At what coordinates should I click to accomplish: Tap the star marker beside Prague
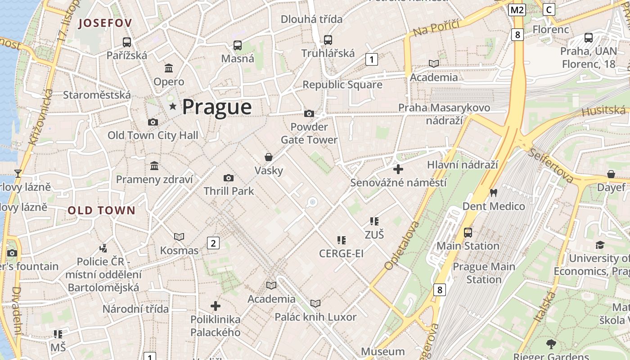tap(173, 106)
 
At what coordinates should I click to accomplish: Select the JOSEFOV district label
tap(105, 23)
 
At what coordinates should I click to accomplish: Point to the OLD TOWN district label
tap(102, 210)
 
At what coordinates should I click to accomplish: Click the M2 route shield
tap(517, 10)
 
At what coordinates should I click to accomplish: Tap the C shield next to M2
tap(549, 9)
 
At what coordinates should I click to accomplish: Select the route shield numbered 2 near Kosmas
tap(213, 243)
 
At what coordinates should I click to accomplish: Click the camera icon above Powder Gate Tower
tap(309, 113)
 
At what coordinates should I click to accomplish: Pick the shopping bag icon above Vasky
tap(269, 157)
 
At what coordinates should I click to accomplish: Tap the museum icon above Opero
tap(169, 68)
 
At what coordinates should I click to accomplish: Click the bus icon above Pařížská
tap(127, 42)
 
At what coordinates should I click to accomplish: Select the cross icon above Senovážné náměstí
tap(398, 169)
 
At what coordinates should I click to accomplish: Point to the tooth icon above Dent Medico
tap(494, 193)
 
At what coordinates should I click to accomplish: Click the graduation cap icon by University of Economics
tap(600, 245)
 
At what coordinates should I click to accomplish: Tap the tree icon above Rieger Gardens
tap(551, 345)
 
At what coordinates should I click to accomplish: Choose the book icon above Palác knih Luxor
tap(315, 304)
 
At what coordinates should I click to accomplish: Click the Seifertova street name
tap(552, 165)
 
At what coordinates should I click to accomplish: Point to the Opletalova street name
tap(402, 246)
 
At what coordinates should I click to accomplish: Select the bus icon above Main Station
tap(468, 232)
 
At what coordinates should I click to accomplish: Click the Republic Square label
tap(342, 85)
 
